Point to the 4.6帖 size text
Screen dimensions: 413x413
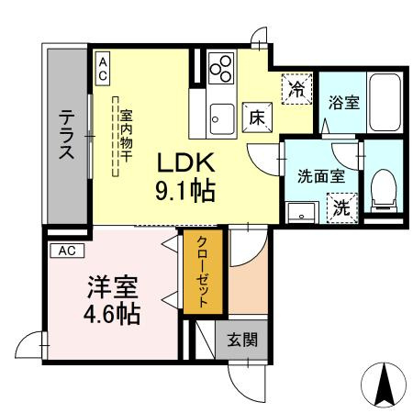(111, 314)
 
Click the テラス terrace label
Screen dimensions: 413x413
(67, 136)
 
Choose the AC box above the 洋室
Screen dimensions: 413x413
(67, 250)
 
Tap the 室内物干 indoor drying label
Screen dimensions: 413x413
(125, 138)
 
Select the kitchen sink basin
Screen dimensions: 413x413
(219, 117)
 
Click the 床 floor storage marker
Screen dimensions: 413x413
(254, 117)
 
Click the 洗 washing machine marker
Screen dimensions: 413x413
(340, 207)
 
